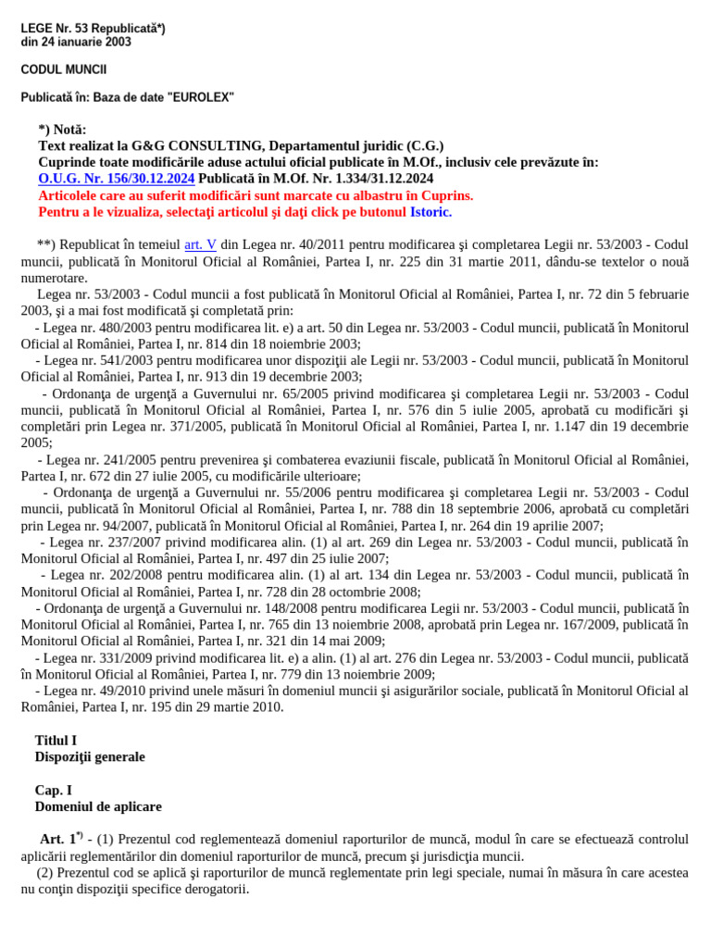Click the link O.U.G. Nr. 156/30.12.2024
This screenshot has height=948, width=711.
pos(117,179)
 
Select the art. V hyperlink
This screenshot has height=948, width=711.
pos(200,244)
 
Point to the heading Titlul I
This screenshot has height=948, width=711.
pos(56,741)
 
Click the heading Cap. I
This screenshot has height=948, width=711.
pos(53,791)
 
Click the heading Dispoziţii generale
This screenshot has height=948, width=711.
pos(90,757)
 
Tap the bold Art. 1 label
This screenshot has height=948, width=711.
pos(60,840)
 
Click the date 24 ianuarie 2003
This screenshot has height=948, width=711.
pos(82,42)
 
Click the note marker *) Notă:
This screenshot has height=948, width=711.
pos(62,129)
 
